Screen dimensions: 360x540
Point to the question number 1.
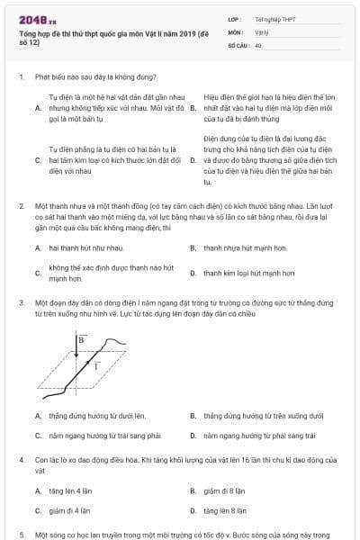(x=21, y=77)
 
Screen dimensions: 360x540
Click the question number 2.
(x=21, y=206)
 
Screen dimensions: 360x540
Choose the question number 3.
(x=21, y=303)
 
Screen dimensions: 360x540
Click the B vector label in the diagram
(x=81, y=340)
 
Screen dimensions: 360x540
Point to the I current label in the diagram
(x=96, y=367)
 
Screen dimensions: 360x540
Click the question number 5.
(x=21, y=534)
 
